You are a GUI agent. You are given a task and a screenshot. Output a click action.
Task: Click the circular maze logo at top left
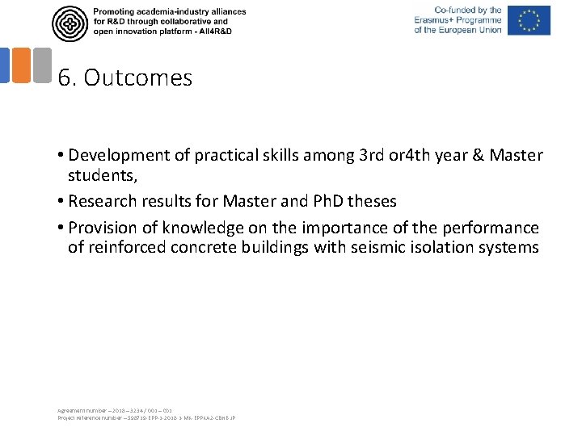70,23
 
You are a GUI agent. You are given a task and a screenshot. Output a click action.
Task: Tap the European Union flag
529,21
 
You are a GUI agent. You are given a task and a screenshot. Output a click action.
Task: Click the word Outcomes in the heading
137,78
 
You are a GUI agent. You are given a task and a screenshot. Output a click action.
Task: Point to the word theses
371,201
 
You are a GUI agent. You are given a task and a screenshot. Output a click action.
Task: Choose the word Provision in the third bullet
112,228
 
